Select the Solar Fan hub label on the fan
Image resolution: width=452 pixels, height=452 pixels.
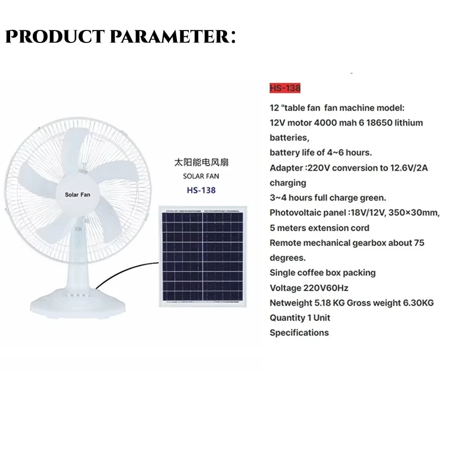pos(77,195)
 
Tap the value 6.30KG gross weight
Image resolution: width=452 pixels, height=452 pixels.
pos(414,303)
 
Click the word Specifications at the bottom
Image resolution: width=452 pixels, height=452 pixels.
pos(299,333)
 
